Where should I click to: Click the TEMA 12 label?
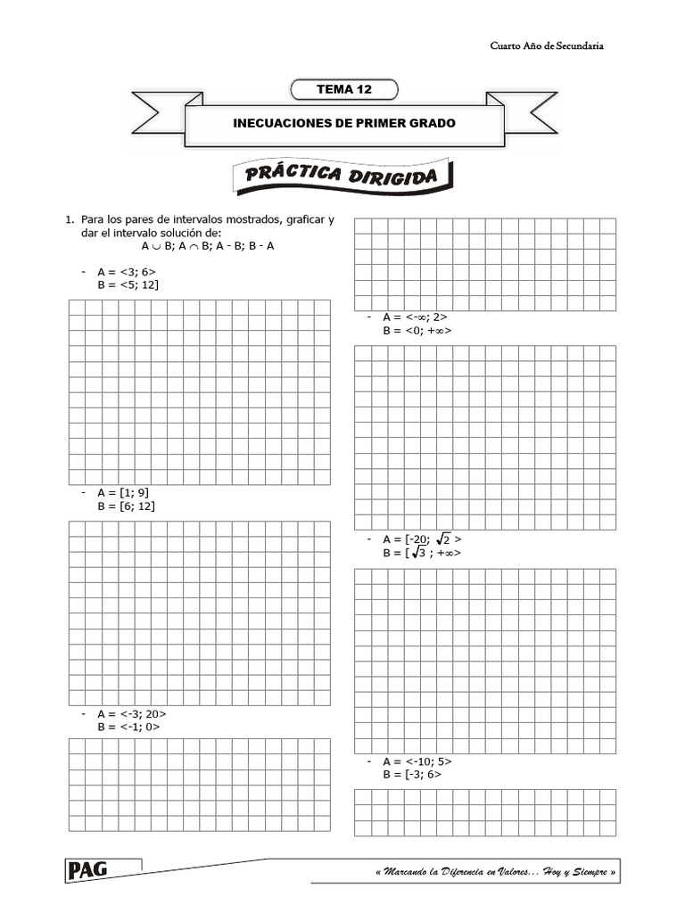[343, 88]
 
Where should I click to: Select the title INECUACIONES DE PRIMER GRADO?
[343, 123]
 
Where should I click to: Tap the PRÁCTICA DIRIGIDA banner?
[343, 177]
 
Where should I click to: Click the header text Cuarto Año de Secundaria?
[547, 45]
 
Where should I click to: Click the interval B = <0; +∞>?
[417, 330]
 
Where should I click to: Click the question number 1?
[67, 219]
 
